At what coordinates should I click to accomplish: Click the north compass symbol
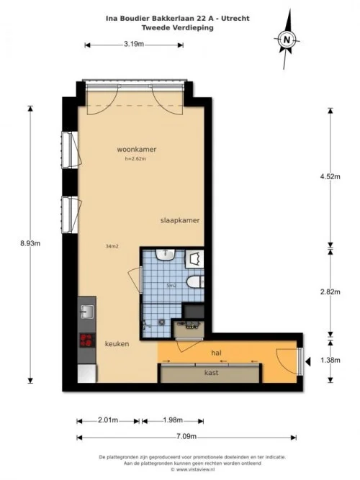click(287, 40)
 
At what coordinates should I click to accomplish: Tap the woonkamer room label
click(137, 150)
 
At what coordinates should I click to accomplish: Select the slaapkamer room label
click(180, 220)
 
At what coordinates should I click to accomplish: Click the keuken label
click(116, 344)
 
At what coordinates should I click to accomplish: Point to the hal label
click(216, 353)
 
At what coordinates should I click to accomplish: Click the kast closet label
click(211, 373)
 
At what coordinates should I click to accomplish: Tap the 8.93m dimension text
click(30, 243)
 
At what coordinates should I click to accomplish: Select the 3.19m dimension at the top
click(134, 45)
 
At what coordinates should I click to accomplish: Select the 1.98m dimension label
click(173, 420)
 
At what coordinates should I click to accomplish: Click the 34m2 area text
click(112, 247)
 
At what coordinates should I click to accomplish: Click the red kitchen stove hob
click(87, 340)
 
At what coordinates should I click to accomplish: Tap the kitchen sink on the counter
click(86, 312)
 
